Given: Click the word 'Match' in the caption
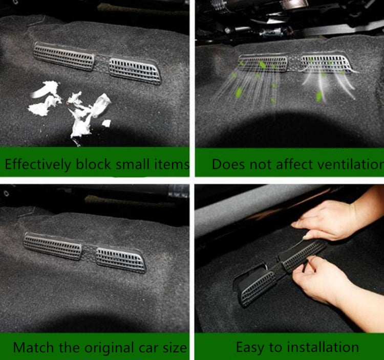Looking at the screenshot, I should pos(29,348).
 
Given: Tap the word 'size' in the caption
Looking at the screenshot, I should pos(174,348).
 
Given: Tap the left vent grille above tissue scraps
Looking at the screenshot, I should pos(65,56).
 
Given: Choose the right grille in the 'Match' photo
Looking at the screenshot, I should pos(121,259).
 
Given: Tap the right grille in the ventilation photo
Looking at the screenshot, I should pos(327,64).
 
